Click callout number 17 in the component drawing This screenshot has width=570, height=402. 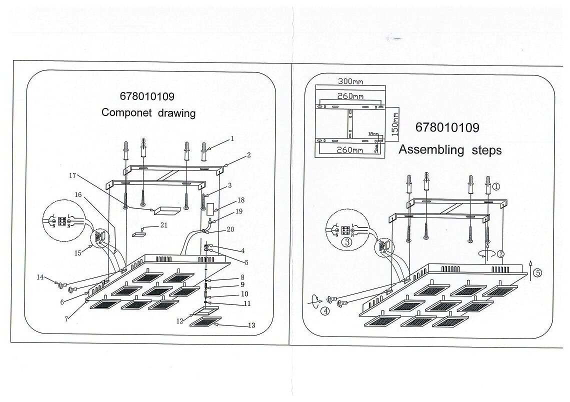tap(73, 175)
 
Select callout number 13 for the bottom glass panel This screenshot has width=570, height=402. tap(251, 325)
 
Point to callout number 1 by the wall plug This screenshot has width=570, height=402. tap(232, 137)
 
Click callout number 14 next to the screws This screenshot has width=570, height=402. tap(40, 276)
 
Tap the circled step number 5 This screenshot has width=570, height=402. tap(537, 273)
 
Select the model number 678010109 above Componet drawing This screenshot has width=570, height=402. tap(147, 96)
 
